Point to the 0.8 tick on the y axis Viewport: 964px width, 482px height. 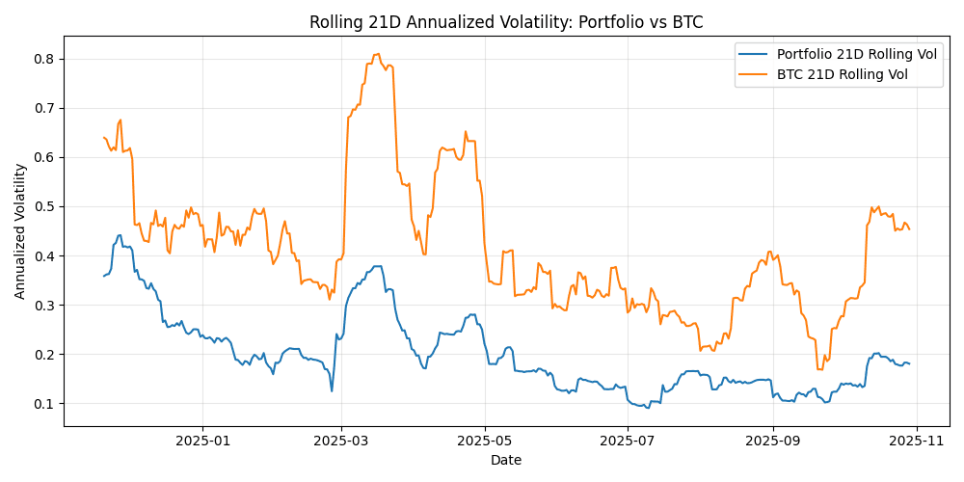pyautogui.click(x=45, y=59)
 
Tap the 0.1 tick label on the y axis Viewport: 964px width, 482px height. pyautogui.click(x=45, y=404)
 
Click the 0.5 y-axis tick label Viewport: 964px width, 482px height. pyautogui.click(x=45, y=207)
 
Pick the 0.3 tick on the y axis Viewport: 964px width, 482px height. pyautogui.click(x=45, y=306)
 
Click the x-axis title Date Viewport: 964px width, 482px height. pyautogui.click(x=506, y=461)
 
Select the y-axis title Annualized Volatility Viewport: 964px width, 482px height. pyautogui.click(x=20, y=230)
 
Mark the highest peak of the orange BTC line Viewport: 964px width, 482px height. pyautogui.click(x=377, y=54)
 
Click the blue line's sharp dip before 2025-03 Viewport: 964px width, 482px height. pyautogui.click(x=332, y=390)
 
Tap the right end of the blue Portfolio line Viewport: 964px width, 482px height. pyautogui.click(x=909, y=363)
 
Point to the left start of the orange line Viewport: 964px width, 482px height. pyautogui.click(x=103, y=137)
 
